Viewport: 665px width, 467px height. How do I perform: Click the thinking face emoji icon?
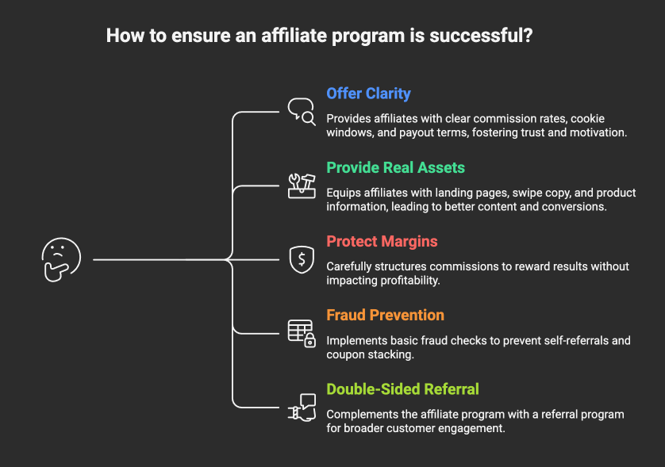point(61,259)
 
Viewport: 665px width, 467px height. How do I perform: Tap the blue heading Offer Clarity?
point(368,94)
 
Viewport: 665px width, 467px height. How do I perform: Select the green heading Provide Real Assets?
point(395,167)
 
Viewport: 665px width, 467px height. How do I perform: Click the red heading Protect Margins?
point(382,241)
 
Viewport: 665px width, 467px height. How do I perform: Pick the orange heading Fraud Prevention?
point(385,315)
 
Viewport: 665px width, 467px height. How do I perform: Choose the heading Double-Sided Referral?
point(402,389)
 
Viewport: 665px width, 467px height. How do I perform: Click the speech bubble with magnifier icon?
point(302,112)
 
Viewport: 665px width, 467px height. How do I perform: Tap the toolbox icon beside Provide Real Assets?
point(302,186)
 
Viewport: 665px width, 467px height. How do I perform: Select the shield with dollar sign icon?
point(302,259)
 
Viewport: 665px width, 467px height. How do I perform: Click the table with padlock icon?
point(302,333)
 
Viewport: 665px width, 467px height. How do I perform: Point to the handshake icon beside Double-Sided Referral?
point(302,407)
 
